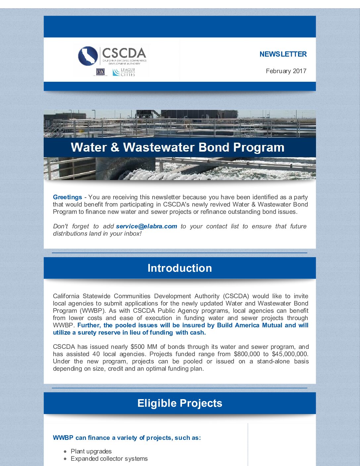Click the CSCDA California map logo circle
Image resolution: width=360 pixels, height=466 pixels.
88,56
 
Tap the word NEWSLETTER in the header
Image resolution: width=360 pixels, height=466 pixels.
283,54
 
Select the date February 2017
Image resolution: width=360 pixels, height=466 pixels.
286,71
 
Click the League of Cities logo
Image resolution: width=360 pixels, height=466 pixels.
124,72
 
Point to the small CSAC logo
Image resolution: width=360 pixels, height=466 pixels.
100,72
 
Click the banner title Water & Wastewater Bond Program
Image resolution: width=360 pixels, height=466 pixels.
178,147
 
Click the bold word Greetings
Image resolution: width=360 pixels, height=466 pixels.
67,197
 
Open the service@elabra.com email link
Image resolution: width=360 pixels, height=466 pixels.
146,226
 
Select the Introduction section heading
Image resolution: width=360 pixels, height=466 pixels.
180,268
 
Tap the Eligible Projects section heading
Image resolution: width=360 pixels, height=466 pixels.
180,403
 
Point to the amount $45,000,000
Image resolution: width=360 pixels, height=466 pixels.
290,354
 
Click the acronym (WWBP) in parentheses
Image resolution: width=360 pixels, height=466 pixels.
78,311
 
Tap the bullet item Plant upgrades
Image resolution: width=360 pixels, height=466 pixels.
91,451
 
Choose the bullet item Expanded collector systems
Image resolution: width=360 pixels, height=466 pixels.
109,459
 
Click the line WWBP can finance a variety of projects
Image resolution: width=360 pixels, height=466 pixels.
127,438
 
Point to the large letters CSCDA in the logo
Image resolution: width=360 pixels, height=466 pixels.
124,53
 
